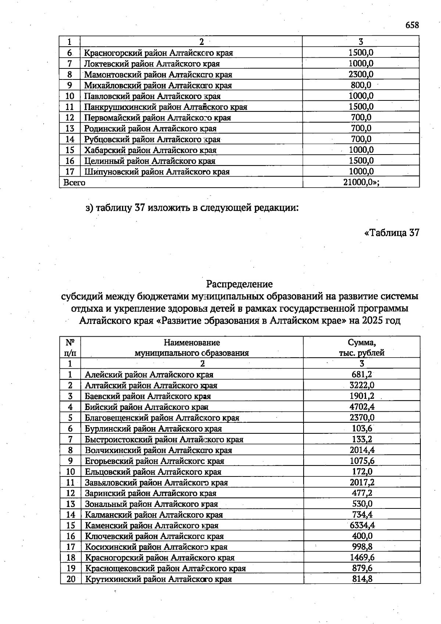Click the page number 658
tap(412, 25)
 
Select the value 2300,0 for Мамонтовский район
tap(361, 74)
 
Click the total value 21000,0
tap(361, 182)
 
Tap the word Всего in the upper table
tap(74, 182)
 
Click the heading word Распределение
tap(239, 284)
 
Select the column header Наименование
tap(192, 343)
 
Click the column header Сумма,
tap(362, 343)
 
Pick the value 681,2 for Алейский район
tap(362, 375)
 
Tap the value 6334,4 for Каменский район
tap(362, 525)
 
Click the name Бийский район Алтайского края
tap(147, 407)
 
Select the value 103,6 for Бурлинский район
tap(362, 429)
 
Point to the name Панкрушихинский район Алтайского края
tap(165, 107)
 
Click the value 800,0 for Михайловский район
tap(361, 85)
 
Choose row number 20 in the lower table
tap(71, 579)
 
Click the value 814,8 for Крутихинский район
tap(362, 579)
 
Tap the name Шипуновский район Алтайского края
tap(157, 172)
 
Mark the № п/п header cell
tap(70, 348)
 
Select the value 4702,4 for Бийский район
tap(362, 407)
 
